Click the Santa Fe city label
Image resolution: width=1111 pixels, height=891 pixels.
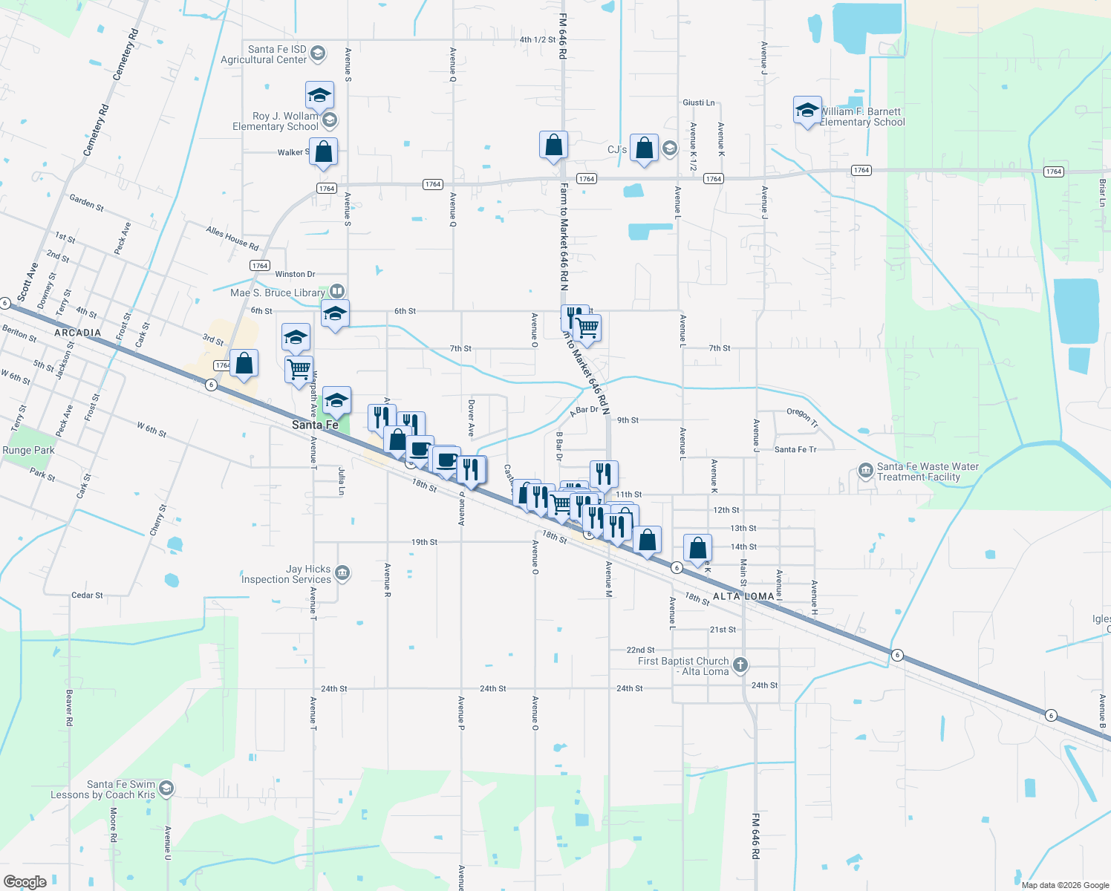click(315, 425)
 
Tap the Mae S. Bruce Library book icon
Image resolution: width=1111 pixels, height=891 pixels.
click(337, 291)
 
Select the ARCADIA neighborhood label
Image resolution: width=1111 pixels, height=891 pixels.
click(78, 333)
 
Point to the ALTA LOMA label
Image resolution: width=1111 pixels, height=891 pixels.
click(743, 596)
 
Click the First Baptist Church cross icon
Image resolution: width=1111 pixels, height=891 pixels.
click(740, 665)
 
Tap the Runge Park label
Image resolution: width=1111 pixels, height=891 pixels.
click(29, 450)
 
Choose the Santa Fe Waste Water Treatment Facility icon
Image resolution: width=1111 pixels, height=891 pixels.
click(865, 471)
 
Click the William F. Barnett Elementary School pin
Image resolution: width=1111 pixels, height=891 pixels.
click(807, 111)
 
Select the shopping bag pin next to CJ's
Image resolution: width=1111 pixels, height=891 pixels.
click(644, 148)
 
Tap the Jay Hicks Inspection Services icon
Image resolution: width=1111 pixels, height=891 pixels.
click(342, 572)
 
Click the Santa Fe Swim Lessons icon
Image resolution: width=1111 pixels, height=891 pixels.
click(166, 789)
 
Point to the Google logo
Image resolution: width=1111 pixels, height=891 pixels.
click(25, 881)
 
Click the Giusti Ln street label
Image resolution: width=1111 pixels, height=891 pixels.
click(699, 103)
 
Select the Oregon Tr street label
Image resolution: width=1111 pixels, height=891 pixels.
click(802, 417)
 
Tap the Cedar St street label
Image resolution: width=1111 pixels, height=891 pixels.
click(87, 595)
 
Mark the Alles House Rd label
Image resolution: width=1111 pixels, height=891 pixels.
click(232, 238)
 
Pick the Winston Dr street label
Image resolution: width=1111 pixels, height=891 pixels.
click(295, 274)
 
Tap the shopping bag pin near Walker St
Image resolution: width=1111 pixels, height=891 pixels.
click(323, 151)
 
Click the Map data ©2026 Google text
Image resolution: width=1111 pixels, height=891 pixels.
click(1065, 884)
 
